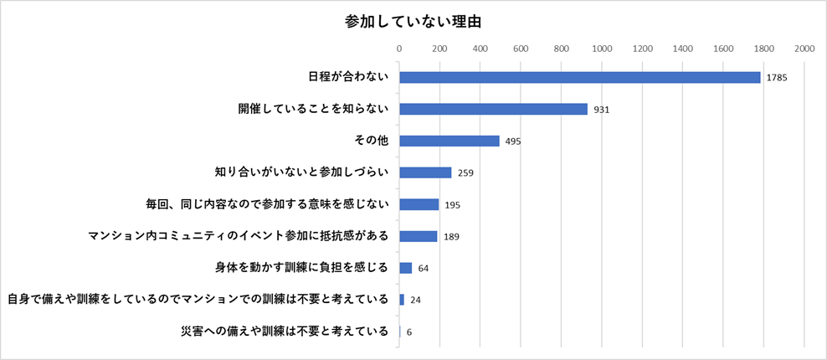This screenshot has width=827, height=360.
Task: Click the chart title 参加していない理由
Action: click(x=413, y=20)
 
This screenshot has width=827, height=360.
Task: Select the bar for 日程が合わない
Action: click(x=579, y=77)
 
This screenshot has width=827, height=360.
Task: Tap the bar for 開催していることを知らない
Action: click(x=493, y=109)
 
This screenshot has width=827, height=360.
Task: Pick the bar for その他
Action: click(x=449, y=141)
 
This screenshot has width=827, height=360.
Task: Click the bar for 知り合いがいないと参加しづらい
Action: click(x=425, y=172)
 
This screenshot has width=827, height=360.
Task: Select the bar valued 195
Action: click(x=419, y=204)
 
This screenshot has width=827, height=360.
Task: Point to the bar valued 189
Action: click(x=418, y=236)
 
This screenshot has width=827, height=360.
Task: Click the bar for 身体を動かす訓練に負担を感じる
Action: click(x=405, y=268)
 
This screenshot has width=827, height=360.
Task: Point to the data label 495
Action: click(x=514, y=141)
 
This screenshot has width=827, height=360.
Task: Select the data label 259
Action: click(x=466, y=173)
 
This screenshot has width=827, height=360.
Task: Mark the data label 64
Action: click(x=424, y=269)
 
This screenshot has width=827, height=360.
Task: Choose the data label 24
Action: click(x=415, y=301)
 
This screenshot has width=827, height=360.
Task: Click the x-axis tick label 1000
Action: click(x=602, y=49)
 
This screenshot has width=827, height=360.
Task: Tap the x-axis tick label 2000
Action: click(x=804, y=49)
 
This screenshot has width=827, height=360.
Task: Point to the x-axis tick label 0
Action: click(x=399, y=49)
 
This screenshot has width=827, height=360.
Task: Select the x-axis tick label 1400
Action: click(x=683, y=49)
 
